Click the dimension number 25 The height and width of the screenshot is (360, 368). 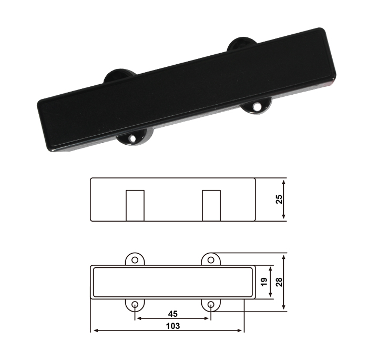(279, 199)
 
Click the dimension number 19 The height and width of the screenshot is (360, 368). (264, 282)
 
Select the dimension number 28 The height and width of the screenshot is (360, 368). (279, 282)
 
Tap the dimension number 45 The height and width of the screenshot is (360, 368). (173, 314)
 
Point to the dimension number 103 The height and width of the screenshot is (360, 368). (173, 326)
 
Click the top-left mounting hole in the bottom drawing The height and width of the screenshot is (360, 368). (135, 260)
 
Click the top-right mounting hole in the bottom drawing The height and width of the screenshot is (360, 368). (211, 260)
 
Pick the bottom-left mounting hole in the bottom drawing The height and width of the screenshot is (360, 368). (135, 305)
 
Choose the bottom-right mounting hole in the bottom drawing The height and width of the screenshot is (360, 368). (211, 305)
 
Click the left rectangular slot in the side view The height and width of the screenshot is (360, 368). (135, 206)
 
